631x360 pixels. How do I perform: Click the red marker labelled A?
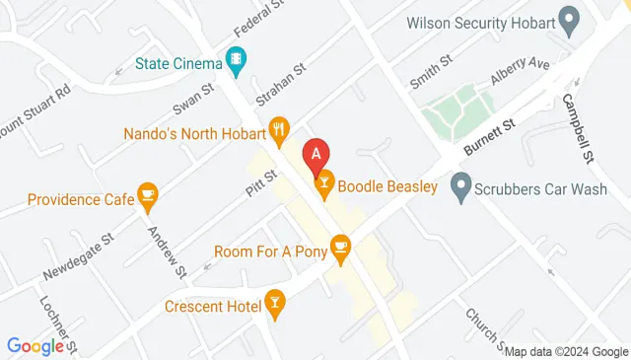click(315, 153)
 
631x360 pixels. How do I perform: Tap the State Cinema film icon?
click(236, 63)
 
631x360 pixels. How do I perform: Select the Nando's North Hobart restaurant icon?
click(280, 130)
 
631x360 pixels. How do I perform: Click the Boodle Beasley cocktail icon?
click(323, 183)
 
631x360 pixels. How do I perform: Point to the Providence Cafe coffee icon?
click(148, 197)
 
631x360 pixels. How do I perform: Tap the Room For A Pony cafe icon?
click(341, 248)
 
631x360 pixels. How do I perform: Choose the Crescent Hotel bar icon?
click(275, 305)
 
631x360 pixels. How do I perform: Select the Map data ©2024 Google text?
click(566, 350)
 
